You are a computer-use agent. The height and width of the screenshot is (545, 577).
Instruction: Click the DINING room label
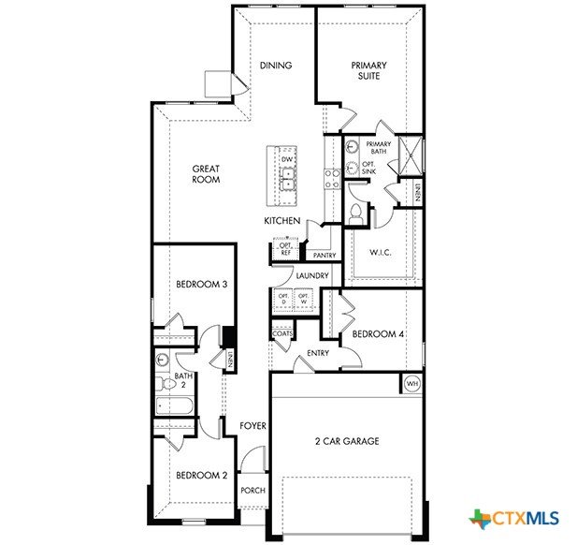(x=276, y=66)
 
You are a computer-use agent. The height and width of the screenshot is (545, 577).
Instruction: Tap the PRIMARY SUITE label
(x=368, y=71)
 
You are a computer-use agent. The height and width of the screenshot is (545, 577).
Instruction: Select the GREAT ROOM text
(x=206, y=174)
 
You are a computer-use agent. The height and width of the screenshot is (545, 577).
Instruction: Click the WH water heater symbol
(x=412, y=384)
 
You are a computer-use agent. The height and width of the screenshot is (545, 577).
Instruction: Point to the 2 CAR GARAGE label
(x=347, y=441)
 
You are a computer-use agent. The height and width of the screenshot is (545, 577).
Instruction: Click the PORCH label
(x=252, y=491)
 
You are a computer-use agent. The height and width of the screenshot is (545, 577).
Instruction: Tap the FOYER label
(x=252, y=426)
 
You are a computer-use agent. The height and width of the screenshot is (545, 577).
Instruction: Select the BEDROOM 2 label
(x=202, y=476)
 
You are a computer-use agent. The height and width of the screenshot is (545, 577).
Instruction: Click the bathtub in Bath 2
(x=174, y=406)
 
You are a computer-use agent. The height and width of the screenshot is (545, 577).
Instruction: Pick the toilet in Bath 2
(x=165, y=384)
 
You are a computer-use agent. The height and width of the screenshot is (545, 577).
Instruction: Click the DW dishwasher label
(x=287, y=159)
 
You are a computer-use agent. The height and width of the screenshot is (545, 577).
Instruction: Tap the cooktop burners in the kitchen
(x=332, y=179)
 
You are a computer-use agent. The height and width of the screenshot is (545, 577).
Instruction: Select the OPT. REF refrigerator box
(x=285, y=249)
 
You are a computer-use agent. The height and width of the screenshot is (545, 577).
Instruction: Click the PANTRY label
(x=325, y=255)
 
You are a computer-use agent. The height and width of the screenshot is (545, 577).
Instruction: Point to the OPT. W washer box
(x=304, y=300)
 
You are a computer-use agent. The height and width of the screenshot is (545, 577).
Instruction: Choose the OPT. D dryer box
(x=283, y=300)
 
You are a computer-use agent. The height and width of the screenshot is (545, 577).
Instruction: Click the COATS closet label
(x=282, y=334)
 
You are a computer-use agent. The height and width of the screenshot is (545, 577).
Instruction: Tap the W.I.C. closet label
(x=380, y=253)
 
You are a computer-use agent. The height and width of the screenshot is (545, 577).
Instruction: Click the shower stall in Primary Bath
(x=411, y=155)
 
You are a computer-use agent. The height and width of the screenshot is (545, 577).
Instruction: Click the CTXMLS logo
(x=513, y=519)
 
